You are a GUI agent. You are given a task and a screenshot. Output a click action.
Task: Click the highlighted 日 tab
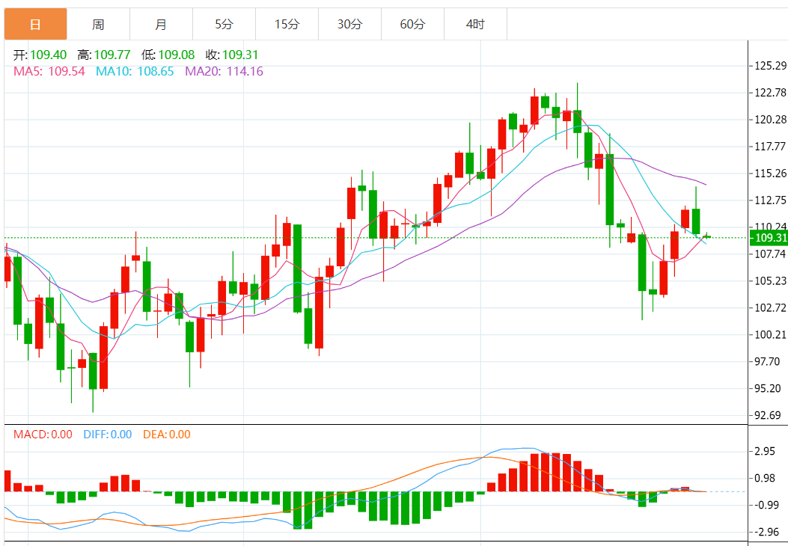[x=35, y=24]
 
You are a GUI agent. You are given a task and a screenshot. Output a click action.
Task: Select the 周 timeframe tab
[x=98, y=24]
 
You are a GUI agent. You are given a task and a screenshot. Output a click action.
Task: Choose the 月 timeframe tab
[x=161, y=24]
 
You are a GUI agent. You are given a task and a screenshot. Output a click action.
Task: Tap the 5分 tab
[x=224, y=24]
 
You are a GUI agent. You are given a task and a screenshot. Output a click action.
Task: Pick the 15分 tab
[x=287, y=24]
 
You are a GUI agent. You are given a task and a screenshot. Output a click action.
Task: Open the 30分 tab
[x=349, y=24]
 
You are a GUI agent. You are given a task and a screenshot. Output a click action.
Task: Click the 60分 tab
[x=412, y=24]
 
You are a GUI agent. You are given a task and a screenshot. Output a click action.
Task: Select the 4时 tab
[x=475, y=24]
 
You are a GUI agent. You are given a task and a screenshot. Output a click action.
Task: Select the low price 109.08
[x=173, y=55]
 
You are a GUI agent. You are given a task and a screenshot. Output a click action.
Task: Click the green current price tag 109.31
[x=769, y=238]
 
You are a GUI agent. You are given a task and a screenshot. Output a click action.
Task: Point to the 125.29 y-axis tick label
[x=770, y=66]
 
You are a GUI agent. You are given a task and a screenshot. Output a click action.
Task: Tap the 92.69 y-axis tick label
[x=768, y=415]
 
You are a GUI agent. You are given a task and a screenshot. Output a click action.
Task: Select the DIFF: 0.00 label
[x=107, y=435]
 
